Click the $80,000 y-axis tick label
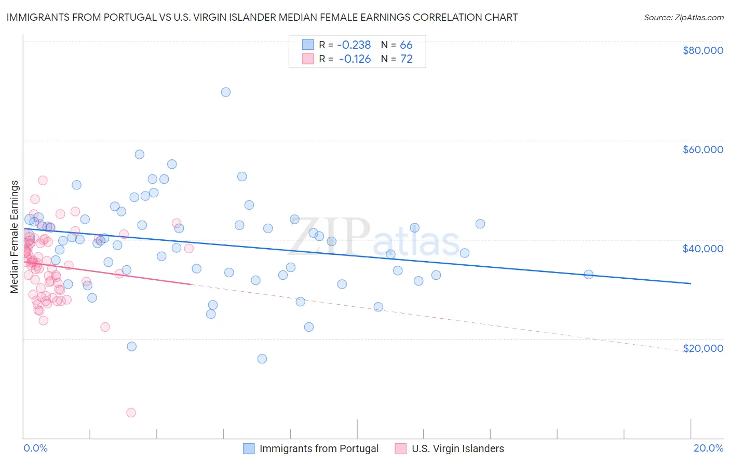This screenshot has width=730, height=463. (x=702, y=50)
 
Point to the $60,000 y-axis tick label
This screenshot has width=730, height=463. (x=702, y=149)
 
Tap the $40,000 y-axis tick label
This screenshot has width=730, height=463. (x=702, y=249)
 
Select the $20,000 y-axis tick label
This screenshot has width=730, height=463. (x=702, y=348)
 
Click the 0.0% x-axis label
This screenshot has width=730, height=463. (x=35, y=448)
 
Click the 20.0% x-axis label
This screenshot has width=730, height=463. (x=708, y=448)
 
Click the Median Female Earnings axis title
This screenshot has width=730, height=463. (x=15, y=237)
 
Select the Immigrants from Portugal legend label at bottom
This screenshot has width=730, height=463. (x=319, y=448)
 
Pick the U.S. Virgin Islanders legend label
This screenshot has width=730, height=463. (x=457, y=448)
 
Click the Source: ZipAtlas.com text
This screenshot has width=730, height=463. (x=683, y=18)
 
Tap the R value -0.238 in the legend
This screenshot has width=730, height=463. (x=354, y=45)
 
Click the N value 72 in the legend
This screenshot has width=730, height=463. (x=406, y=59)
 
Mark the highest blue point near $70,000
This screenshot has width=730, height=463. (x=226, y=92)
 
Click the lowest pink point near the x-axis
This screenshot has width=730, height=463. (x=131, y=413)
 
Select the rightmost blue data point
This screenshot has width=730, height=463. (x=588, y=274)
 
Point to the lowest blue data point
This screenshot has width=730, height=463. (x=262, y=359)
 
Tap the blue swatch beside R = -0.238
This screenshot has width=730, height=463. (x=308, y=45)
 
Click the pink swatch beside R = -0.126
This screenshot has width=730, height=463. (x=308, y=59)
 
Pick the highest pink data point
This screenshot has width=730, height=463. (x=43, y=180)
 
